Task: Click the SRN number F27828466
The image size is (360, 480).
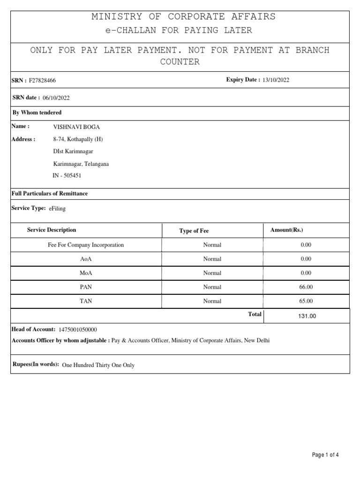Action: [x=42, y=81]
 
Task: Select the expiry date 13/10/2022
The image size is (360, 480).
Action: [x=276, y=80]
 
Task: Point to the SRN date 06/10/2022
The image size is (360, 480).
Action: [x=56, y=97]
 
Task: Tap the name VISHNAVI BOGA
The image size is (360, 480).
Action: [x=77, y=127]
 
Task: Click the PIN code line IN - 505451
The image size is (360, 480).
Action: [x=67, y=176]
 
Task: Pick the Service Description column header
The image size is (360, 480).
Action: [x=52, y=230]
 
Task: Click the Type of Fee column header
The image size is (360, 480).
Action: [x=194, y=231]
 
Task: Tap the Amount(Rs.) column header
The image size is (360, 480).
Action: [x=287, y=230]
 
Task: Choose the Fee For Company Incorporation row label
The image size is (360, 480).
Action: [x=86, y=245]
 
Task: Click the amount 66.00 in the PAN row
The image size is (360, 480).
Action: [x=306, y=287]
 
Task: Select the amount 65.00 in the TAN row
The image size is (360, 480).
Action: [x=306, y=301]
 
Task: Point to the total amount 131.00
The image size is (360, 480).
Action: [x=307, y=316]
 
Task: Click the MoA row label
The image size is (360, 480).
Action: [x=86, y=273]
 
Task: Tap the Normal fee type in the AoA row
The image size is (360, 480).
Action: [x=212, y=259]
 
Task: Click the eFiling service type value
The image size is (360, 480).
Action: [x=57, y=209]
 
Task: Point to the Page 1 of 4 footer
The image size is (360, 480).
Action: [x=325, y=455]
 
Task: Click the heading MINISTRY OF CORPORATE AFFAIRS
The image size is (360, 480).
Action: [x=183, y=17]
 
